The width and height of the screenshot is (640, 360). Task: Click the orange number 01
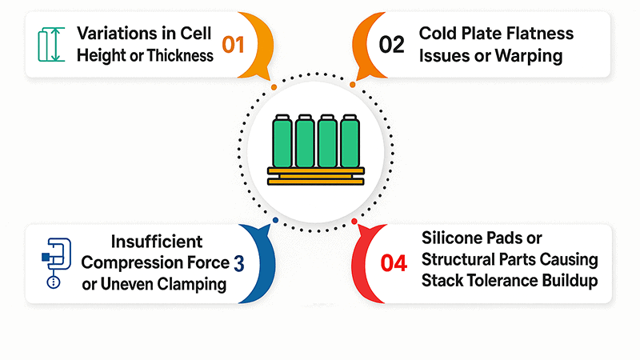pos(232,45)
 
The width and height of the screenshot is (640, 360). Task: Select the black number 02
pos(392,45)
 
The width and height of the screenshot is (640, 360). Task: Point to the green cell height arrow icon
pos(49,44)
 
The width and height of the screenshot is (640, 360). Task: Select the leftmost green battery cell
pos(282,142)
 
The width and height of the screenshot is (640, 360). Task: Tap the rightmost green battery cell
pos(349,142)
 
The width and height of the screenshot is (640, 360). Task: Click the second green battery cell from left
pos(304,142)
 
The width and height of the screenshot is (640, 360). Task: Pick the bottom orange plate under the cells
pos(315,182)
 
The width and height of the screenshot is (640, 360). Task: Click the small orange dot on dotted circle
pos(274,86)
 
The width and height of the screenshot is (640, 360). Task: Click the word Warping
pos(539,55)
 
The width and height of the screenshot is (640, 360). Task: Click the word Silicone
pos(452,239)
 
